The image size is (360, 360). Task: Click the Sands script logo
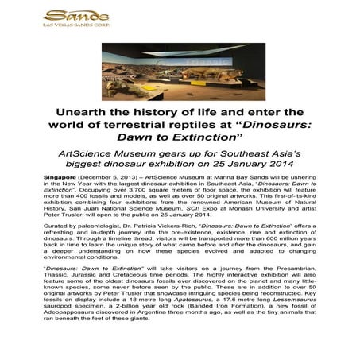click(67, 15)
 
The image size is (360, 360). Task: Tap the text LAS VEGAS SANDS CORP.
click(67, 25)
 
